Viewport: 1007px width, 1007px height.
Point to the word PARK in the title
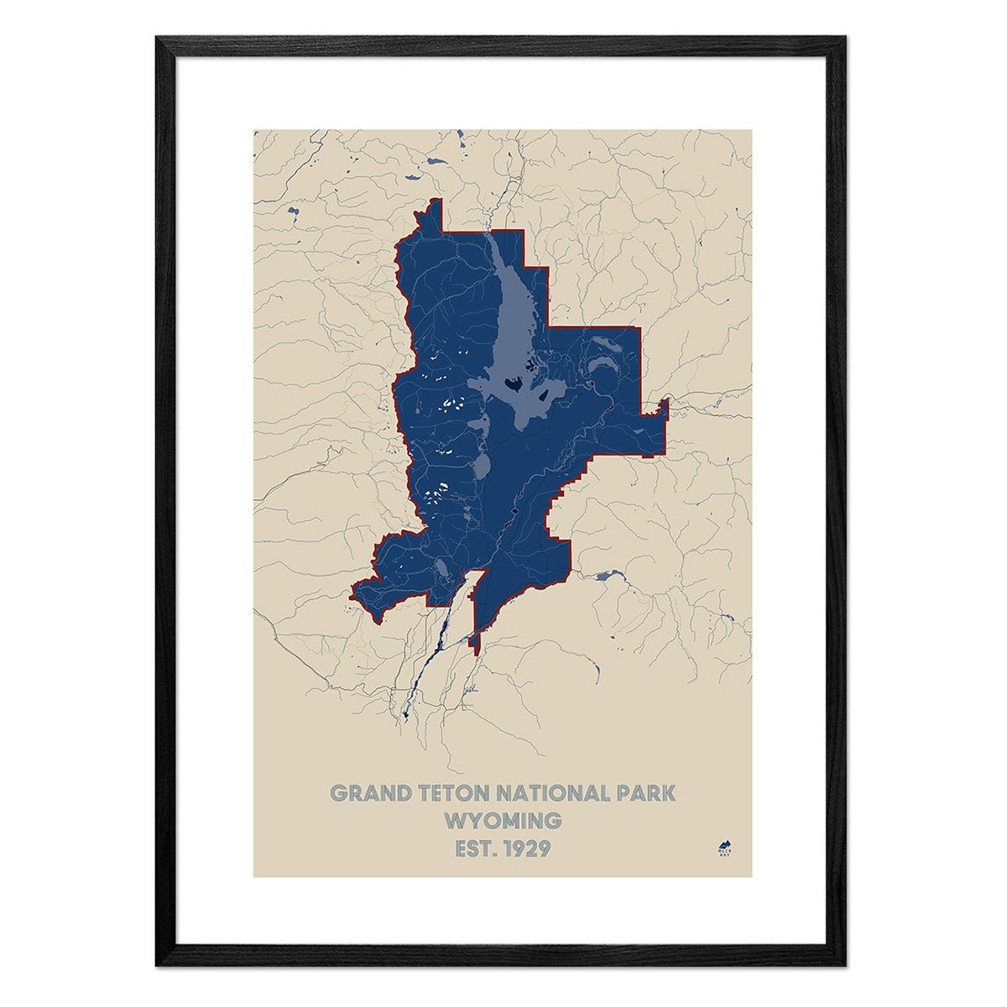pos(648,793)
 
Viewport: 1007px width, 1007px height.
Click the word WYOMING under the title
pos(503,820)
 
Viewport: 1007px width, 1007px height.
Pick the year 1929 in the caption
pos(527,848)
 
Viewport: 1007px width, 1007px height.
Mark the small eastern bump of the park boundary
pos(663,409)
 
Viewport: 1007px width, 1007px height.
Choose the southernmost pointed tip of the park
pos(474,649)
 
